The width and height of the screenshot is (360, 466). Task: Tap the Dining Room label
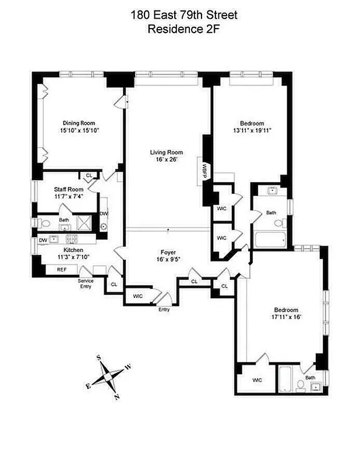pos(79,123)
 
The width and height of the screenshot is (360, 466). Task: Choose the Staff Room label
pos(69,189)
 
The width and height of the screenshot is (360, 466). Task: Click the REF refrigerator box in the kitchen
pos(62,269)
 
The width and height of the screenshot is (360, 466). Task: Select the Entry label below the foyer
pos(164,309)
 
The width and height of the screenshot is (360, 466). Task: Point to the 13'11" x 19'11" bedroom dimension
pos(252,130)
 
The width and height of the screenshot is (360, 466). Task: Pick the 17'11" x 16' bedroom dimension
pos(285,317)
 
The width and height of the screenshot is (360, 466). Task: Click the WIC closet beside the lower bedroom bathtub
pos(257,380)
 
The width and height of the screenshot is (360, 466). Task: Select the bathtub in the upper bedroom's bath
pos(269,239)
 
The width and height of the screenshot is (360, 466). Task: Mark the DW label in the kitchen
pos(43,239)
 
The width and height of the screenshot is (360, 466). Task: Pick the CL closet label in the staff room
pos(89,175)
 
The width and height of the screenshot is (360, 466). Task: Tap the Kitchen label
pos(64,249)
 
